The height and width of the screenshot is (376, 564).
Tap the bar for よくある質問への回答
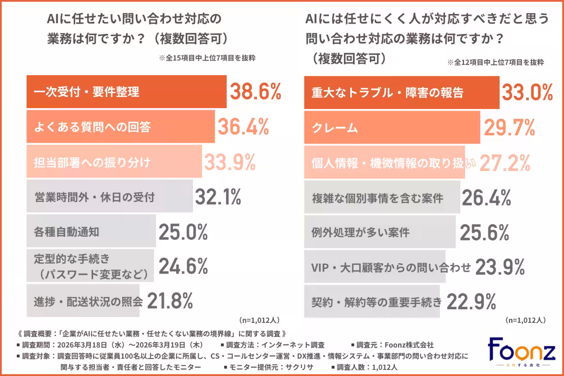[x=120, y=126]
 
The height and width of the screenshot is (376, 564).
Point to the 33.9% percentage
[x=230, y=162]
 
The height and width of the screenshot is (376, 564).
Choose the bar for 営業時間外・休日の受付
[x=109, y=196]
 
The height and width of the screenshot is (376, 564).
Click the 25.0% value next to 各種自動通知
[x=183, y=232]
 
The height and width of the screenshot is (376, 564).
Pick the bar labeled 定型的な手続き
[x=90, y=266]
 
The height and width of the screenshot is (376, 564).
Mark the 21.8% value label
[x=170, y=301]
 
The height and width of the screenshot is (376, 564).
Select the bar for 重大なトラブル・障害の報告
[x=401, y=92]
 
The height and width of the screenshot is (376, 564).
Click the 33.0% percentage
[x=527, y=92]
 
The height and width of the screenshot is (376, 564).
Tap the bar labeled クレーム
[x=392, y=127]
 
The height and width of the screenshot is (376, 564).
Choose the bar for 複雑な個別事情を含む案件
[x=382, y=197]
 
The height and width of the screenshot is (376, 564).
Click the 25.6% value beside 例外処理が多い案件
[x=484, y=232]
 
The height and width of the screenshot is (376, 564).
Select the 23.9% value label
[x=500, y=267]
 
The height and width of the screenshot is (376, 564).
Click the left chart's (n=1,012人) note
[x=259, y=320]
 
